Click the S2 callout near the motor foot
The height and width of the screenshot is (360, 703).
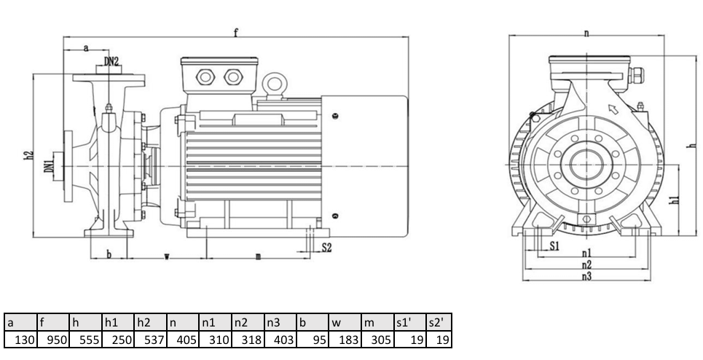[326, 248]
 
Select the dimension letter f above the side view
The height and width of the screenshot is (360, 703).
[235, 32]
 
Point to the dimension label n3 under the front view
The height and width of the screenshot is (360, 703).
[586, 277]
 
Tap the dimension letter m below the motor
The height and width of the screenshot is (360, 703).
[258, 257]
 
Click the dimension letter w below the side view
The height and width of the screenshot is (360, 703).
[167, 257]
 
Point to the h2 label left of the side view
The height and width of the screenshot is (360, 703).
[28, 154]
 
